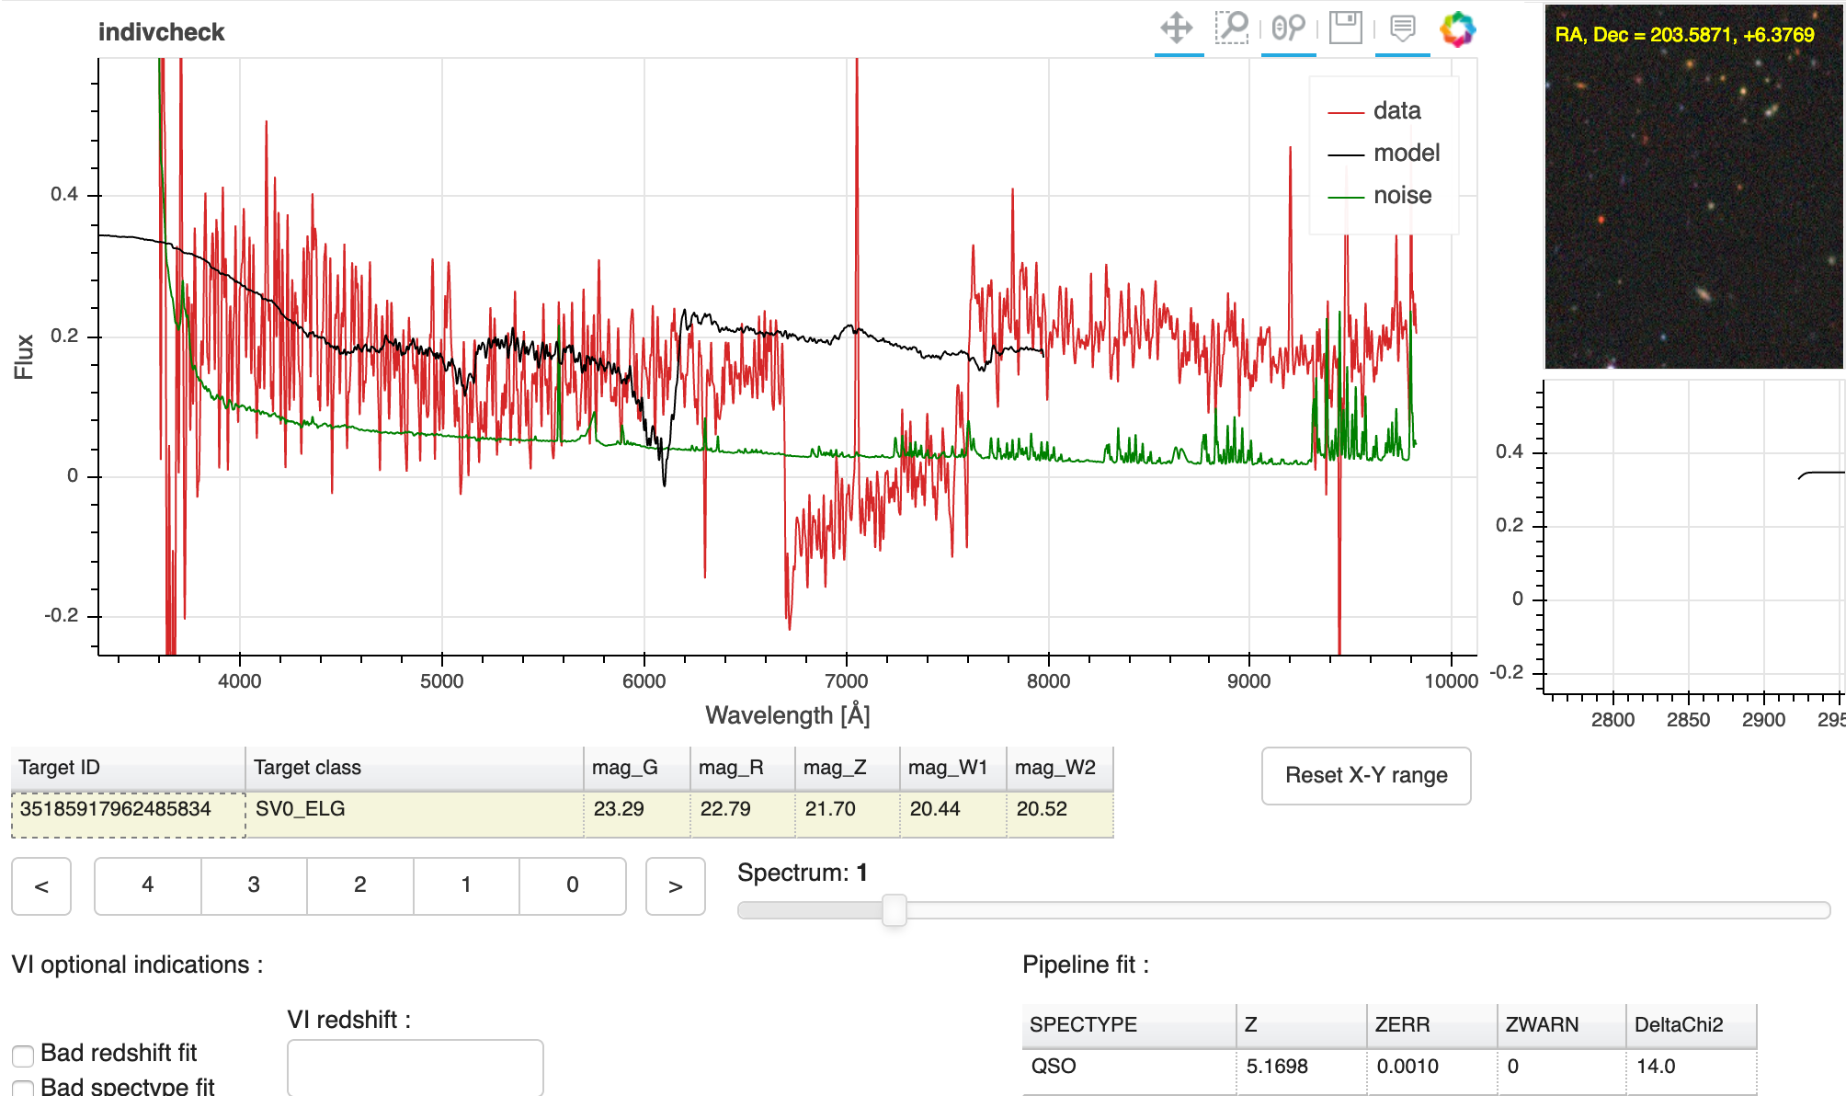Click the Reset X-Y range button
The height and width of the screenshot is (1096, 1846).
click(x=1366, y=775)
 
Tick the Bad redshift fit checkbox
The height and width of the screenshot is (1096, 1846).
click(x=23, y=1055)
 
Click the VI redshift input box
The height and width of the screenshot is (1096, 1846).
click(x=415, y=1067)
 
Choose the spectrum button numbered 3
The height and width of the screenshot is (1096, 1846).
click(x=254, y=885)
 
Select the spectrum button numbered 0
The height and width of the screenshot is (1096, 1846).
click(x=573, y=885)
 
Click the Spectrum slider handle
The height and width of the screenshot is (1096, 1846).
click(x=894, y=910)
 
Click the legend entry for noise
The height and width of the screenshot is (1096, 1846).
click(x=1402, y=195)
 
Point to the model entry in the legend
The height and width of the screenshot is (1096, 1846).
click(x=1406, y=153)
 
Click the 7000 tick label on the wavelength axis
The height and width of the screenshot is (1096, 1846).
click(x=846, y=681)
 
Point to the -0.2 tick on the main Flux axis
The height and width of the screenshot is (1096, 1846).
click(x=63, y=615)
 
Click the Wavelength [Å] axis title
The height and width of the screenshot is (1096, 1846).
click(x=787, y=715)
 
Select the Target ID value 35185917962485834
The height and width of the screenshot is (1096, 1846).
click(x=116, y=809)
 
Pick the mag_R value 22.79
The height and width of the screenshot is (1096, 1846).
click(x=725, y=809)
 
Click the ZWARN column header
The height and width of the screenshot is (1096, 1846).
click(x=1542, y=1024)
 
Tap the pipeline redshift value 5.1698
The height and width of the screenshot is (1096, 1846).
click(x=1277, y=1067)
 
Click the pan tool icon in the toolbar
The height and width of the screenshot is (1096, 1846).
click(x=1177, y=28)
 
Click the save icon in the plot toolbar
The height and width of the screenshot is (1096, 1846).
click(x=1346, y=28)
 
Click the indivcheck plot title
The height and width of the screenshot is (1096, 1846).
click(x=161, y=32)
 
